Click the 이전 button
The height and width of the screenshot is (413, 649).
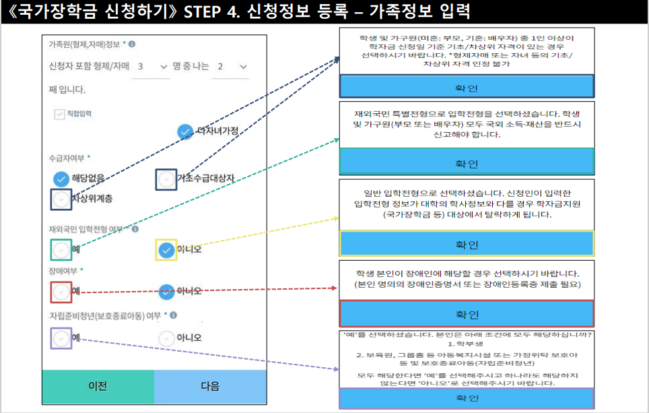point(98,386)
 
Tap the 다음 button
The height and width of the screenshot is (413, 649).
point(210,386)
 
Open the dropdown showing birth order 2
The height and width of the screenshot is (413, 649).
point(230,67)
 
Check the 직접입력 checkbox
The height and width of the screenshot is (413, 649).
point(59,114)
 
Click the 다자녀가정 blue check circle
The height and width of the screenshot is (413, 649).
point(185,132)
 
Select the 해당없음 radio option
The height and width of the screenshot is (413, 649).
point(61,179)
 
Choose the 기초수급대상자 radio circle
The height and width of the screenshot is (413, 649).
point(166,179)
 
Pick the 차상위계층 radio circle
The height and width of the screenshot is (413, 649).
point(61,199)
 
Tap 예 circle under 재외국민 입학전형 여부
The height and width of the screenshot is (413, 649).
point(61,249)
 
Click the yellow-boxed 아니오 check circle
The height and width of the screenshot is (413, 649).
point(166,250)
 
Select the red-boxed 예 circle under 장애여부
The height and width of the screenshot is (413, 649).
point(61,292)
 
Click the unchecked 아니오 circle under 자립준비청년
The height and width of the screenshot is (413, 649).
point(166,338)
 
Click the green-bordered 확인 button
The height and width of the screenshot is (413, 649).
point(467,162)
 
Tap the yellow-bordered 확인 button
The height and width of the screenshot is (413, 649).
point(467,243)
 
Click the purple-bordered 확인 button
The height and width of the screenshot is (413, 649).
point(467,398)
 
